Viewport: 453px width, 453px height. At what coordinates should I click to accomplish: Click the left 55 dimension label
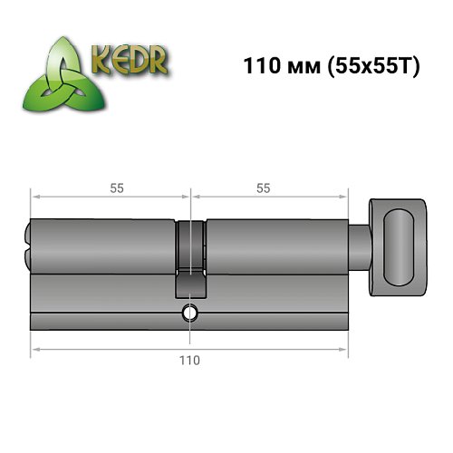tap(116, 188)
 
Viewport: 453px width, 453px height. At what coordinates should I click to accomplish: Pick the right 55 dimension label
tap(264, 188)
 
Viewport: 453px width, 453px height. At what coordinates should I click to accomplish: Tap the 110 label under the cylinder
tap(189, 360)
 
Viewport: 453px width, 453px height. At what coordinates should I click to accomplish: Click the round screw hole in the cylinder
tap(188, 313)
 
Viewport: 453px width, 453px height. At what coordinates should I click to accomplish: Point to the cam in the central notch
tap(188, 281)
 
